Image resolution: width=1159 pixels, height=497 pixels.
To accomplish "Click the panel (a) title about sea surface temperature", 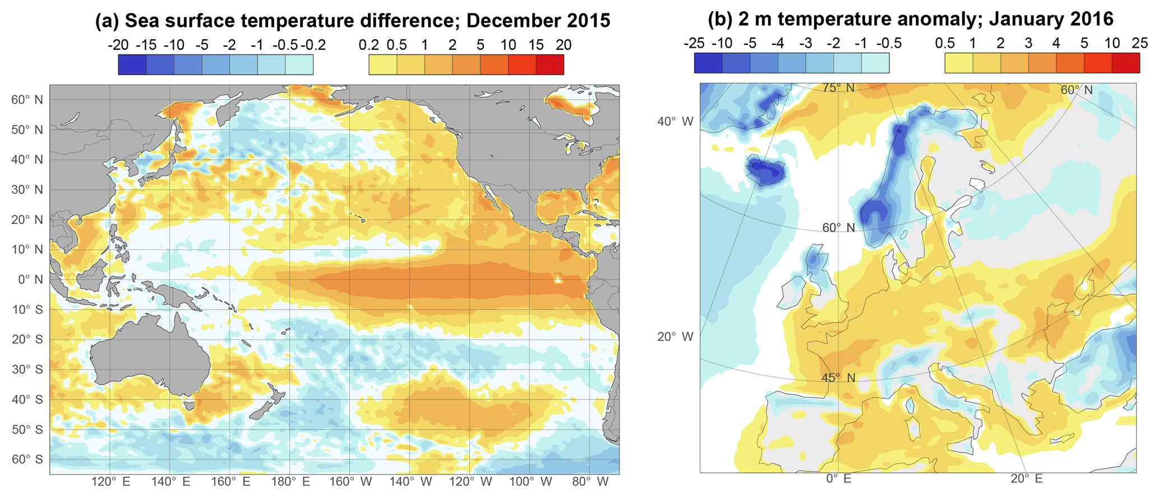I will pyautogui.click(x=352, y=21).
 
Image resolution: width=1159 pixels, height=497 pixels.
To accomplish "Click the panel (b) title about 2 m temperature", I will pyautogui.click(x=910, y=19).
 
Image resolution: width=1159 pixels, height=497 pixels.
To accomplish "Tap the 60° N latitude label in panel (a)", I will pyautogui.click(x=27, y=100).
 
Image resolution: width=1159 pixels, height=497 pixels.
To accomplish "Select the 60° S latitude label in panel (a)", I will pyautogui.click(x=27, y=459).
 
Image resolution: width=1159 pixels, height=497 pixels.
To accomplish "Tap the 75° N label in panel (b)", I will pyautogui.click(x=838, y=88).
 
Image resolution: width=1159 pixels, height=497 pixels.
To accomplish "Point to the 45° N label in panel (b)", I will pyautogui.click(x=838, y=378).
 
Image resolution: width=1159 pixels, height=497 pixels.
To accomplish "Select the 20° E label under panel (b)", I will pyautogui.click(x=1026, y=478).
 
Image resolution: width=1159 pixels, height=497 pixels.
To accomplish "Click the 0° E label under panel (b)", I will pyautogui.click(x=838, y=478).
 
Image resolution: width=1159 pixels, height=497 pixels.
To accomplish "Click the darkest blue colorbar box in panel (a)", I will pyautogui.click(x=132, y=65).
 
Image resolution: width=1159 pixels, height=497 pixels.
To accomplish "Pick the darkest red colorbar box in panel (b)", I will pyautogui.click(x=1125, y=63).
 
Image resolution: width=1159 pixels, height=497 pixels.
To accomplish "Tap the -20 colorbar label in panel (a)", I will pyautogui.click(x=118, y=45).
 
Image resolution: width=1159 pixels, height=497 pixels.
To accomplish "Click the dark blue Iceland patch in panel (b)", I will pyautogui.click(x=766, y=171).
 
